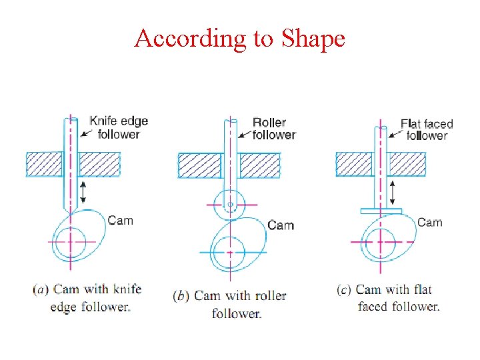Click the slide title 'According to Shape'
click(x=239, y=39)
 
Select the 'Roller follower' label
click(x=273, y=129)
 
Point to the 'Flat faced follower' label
click(x=427, y=129)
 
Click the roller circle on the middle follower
click(x=230, y=203)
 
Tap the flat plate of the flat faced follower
click(x=381, y=211)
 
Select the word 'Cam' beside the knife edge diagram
click(x=121, y=220)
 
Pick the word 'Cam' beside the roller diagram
click(x=281, y=225)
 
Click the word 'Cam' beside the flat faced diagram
click(x=430, y=222)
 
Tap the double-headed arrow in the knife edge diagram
click(x=83, y=191)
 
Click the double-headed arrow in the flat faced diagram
click(x=393, y=192)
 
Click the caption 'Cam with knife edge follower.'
click(x=87, y=298)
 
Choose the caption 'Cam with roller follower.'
click(x=230, y=304)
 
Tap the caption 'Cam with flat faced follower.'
click(x=390, y=298)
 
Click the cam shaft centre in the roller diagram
click(x=230, y=253)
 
